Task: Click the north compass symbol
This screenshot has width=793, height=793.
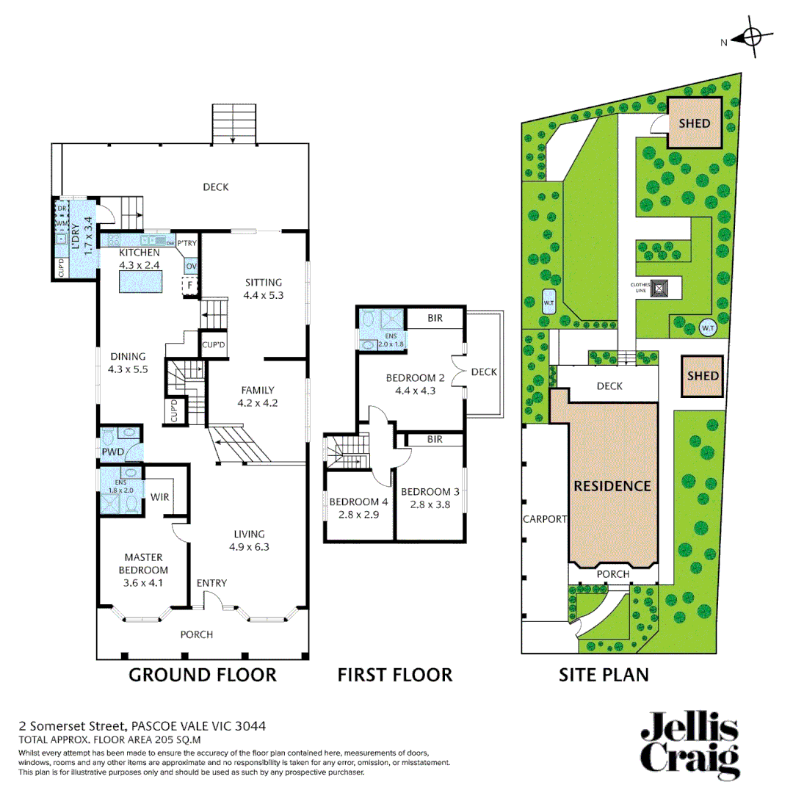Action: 750,37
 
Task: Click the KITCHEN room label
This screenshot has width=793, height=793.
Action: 139,253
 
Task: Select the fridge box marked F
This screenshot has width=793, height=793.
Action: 190,284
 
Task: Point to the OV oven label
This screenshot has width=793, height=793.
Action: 192,265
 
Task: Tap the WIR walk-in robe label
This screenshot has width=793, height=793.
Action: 160,497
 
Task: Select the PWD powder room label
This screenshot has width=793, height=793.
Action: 112,452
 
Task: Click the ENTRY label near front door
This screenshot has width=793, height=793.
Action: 211,583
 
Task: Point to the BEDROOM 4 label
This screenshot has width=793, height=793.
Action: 358,501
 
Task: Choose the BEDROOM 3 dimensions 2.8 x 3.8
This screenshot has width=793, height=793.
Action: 430,504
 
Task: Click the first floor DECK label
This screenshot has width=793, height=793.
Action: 484,372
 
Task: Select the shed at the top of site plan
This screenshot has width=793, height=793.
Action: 694,123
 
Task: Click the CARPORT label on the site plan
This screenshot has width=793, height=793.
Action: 545,519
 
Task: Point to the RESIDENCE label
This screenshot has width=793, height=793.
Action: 612,486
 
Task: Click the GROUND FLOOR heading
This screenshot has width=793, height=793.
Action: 203,675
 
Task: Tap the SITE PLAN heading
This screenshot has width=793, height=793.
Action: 604,675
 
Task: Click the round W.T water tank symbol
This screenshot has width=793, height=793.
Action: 706,327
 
